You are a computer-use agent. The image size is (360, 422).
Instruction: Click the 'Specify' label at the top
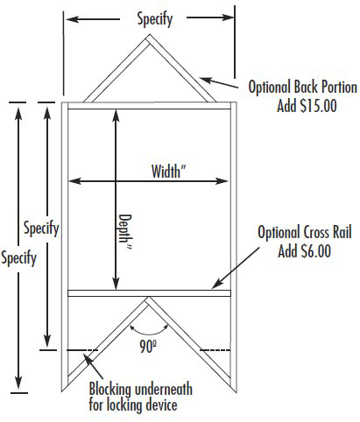click(155, 19)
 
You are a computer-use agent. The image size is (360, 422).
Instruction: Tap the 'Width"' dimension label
click(168, 172)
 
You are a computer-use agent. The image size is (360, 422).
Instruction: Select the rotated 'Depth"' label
click(125, 232)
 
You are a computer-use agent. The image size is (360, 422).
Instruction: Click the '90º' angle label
click(148, 347)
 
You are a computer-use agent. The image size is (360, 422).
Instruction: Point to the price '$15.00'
click(318, 106)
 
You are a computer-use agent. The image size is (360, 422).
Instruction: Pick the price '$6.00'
click(316, 251)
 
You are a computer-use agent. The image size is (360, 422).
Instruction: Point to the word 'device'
click(162, 404)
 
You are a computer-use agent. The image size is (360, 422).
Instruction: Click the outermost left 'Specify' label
click(18, 258)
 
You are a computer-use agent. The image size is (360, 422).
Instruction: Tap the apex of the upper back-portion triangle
click(150, 35)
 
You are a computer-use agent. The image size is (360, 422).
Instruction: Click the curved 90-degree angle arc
click(149, 332)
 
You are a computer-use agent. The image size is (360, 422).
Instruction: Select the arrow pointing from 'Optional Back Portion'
click(219, 82)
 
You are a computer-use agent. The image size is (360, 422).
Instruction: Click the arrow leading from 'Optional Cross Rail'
click(236, 268)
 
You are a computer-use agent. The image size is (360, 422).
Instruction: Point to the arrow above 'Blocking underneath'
click(93, 366)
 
